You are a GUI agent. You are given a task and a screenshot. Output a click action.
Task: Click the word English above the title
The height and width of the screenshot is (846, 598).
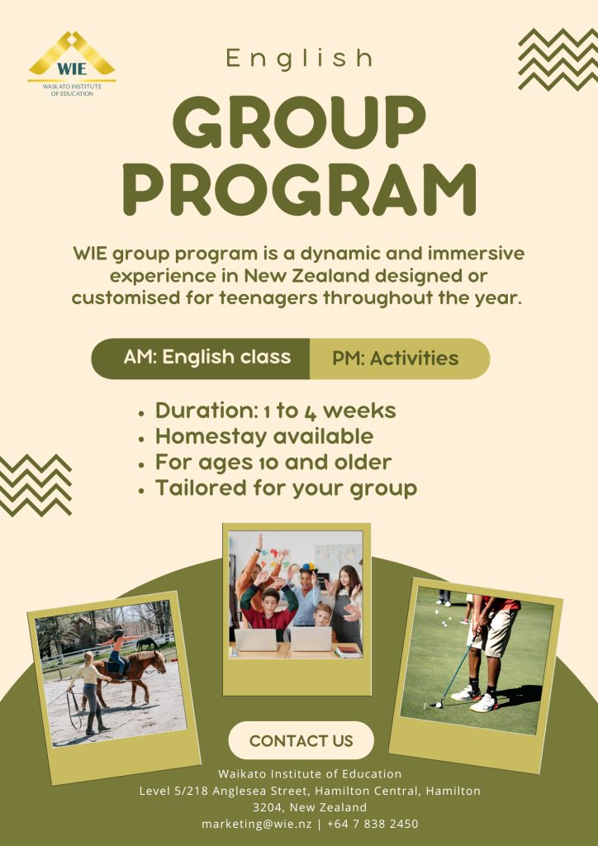pos(299,59)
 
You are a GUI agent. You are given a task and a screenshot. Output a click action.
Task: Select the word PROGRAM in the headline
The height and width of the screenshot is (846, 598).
pos(299,189)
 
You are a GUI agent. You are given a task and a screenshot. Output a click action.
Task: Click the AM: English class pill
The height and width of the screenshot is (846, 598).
pos(201,359)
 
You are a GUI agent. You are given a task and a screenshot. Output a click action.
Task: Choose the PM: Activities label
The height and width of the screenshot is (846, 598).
pos(396,359)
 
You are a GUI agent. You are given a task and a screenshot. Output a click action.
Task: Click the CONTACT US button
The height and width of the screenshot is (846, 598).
pos(301,741)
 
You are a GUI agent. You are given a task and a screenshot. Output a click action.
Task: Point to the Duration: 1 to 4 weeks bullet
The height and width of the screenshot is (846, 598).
pos(276,411)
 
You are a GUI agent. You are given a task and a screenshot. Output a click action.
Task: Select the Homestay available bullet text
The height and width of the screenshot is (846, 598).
pos(264,436)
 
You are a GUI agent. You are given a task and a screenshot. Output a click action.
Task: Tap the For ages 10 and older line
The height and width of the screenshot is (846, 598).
pos(273,463)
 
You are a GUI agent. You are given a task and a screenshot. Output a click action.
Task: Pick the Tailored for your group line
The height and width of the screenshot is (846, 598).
pos(286,488)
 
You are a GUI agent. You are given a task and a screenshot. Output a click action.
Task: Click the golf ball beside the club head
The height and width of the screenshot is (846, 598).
pos(439,705)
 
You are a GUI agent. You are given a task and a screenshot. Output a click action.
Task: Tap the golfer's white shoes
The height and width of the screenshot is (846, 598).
pos(476,699)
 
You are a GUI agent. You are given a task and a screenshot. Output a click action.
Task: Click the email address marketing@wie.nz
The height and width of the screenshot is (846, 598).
pos(256,824)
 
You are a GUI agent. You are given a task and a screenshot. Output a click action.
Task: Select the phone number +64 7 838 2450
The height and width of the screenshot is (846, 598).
pos(372,824)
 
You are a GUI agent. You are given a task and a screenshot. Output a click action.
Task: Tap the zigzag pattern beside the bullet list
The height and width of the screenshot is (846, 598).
pos(34,486)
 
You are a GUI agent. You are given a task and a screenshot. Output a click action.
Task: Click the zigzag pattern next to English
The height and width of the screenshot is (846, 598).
pos(558,59)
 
